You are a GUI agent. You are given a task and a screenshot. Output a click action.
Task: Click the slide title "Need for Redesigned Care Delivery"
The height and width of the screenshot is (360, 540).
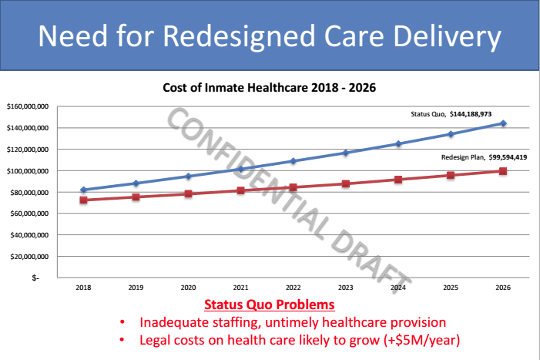[x=270, y=36]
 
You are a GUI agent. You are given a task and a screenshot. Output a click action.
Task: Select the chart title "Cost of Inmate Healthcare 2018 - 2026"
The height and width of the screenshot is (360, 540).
[x=269, y=87]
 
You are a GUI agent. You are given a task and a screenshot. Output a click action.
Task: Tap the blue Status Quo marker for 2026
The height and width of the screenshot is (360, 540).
[x=503, y=123]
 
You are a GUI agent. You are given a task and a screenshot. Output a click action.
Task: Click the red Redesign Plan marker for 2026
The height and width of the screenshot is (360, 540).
[x=503, y=171]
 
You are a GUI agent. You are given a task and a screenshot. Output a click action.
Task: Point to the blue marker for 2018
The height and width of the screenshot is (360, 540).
[x=83, y=190]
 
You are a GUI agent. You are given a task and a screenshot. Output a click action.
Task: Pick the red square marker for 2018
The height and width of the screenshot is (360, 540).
[x=83, y=200]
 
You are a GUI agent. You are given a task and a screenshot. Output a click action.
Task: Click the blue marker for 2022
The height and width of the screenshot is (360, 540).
[x=293, y=161]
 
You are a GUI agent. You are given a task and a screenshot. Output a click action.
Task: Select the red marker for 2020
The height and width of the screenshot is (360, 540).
[x=188, y=193]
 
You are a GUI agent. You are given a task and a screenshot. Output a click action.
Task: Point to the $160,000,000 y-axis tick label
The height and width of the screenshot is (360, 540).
[x=28, y=106]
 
